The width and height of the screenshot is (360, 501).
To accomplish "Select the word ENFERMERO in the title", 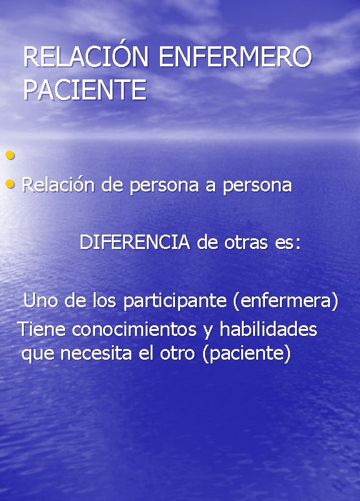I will click(x=235, y=58).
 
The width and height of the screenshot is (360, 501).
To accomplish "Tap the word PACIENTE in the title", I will click(x=84, y=90).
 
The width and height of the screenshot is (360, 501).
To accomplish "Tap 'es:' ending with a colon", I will click(x=287, y=243).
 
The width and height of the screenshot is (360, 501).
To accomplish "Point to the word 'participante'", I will click(x=174, y=301).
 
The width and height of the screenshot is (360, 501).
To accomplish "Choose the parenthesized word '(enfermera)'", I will click(x=285, y=301).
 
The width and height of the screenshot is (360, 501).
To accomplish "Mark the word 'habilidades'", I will click(x=268, y=329).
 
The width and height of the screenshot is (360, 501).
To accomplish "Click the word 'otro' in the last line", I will click(x=177, y=354).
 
